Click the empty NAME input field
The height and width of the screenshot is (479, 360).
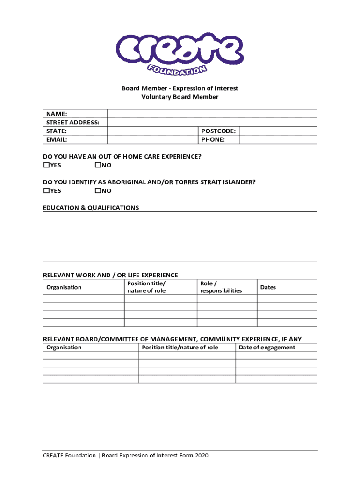pos(212,114)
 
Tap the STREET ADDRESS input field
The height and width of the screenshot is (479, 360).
pos(212,122)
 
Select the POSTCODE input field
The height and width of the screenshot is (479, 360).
pos(278,131)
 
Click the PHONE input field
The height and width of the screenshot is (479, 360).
pos(278,139)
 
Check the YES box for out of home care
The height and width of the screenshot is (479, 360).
pos(46,165)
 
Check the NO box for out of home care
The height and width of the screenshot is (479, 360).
pos(98,165)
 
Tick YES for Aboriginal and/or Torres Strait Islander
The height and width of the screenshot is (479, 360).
pos(46,190)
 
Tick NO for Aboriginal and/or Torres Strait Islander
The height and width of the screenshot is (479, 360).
pos(98,190)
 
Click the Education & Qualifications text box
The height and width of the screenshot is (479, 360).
pos(180,237)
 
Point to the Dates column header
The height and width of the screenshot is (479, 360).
pos(268,287)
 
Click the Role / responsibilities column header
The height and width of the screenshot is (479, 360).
pos(221,287)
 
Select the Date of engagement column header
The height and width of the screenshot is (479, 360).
pos(267,347)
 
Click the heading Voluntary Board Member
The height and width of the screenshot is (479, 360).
pos(180,97)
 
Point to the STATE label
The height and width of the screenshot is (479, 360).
pos(56,131)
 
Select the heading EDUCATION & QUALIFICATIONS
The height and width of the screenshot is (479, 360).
pos(91,208)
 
